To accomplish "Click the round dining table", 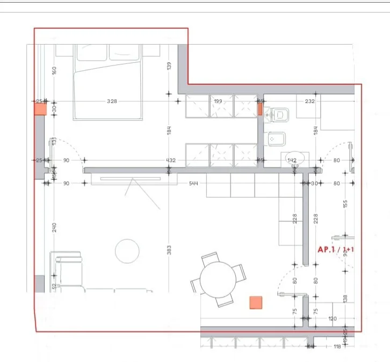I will point(218,280).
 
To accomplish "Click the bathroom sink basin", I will point(293,158).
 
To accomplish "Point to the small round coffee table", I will point(128,251).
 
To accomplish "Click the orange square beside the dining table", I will point(256,303).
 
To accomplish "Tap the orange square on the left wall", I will point(40,109).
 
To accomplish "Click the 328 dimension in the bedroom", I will point(112,101).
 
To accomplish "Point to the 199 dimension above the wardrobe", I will point(218,101).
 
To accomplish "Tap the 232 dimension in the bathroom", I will point(309,101).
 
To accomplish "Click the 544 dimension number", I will point(193,184).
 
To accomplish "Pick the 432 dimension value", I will point(171,160).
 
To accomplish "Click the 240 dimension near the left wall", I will point(54,228).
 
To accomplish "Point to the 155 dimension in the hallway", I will point(346,205).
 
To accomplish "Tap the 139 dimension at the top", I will point(169,66).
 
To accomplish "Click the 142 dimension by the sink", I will point(292,160).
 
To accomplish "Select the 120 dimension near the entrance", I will point(332,319).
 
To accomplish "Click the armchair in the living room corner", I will point(68,271).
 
